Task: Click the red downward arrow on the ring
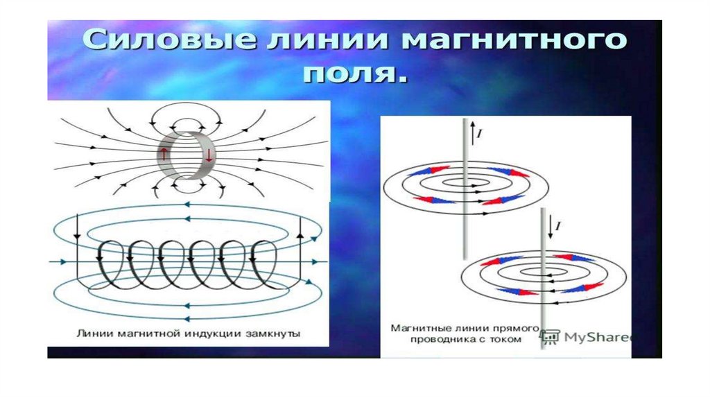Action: click(x=208, y=155)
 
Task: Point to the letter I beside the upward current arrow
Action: click(x=480, y=134)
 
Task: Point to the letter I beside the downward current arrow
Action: click(x=558, y=225)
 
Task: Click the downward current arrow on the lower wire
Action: click(x=550, y=227)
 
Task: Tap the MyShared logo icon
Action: click(x=550, y=336)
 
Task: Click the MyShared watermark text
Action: click(x=598, y=337)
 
